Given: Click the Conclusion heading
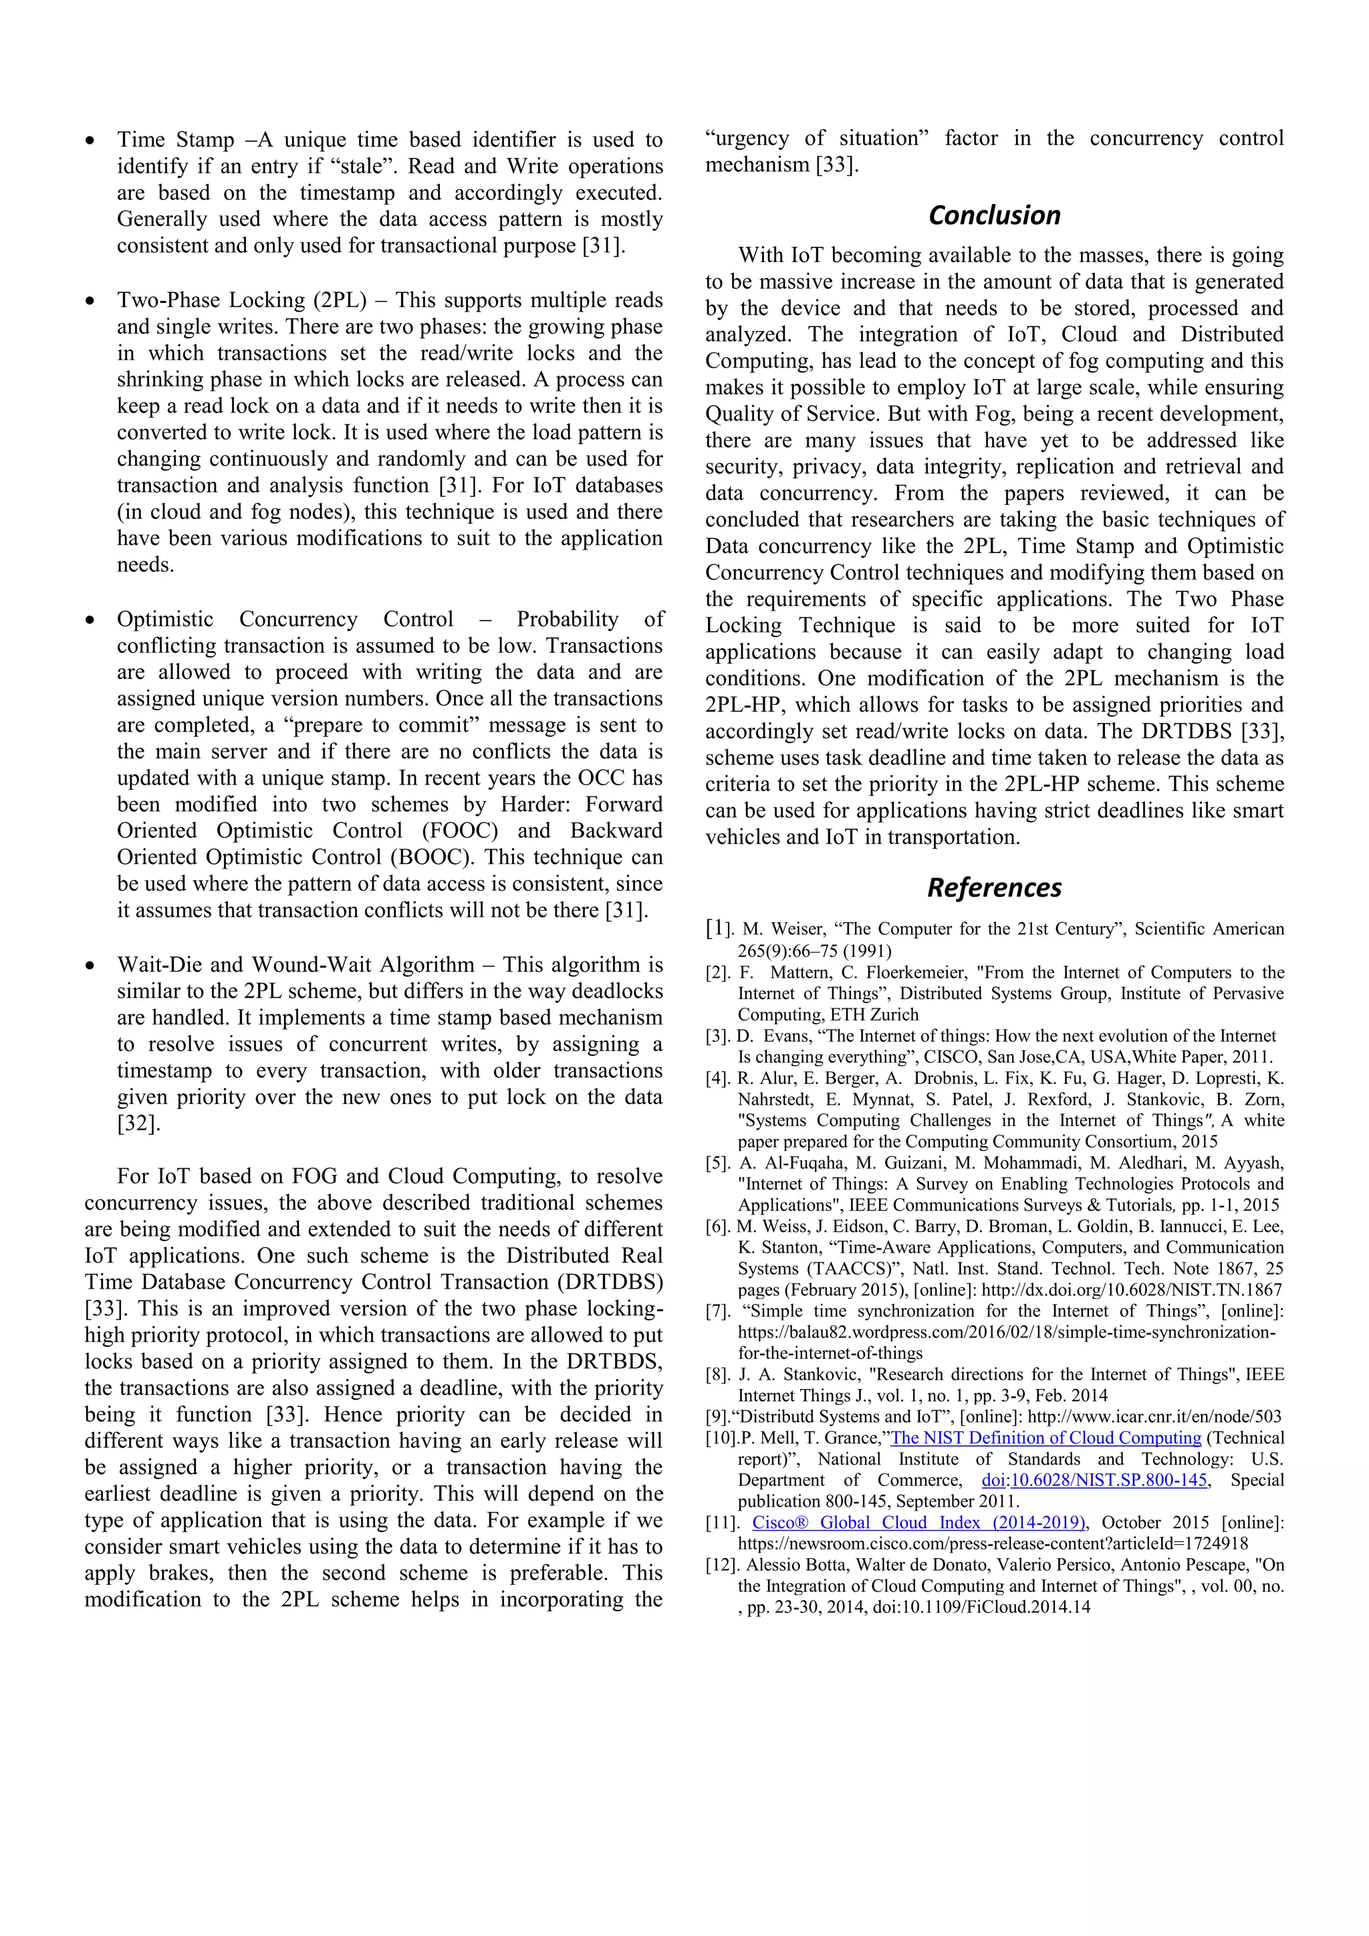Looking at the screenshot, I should (x=994, y=215).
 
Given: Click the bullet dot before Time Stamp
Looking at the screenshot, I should (x=90, y=142).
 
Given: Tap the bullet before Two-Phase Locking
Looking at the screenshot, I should (x=90, y=302).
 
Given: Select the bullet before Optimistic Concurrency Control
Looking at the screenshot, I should (x=90, y=621).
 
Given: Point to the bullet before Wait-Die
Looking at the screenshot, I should (x=90, y=966).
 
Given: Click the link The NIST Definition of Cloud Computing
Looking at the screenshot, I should (x=1045, y=1438).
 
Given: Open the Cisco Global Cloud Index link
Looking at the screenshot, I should (x=918, y=1523).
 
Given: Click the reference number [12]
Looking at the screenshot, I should (x=723, y=1565).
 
